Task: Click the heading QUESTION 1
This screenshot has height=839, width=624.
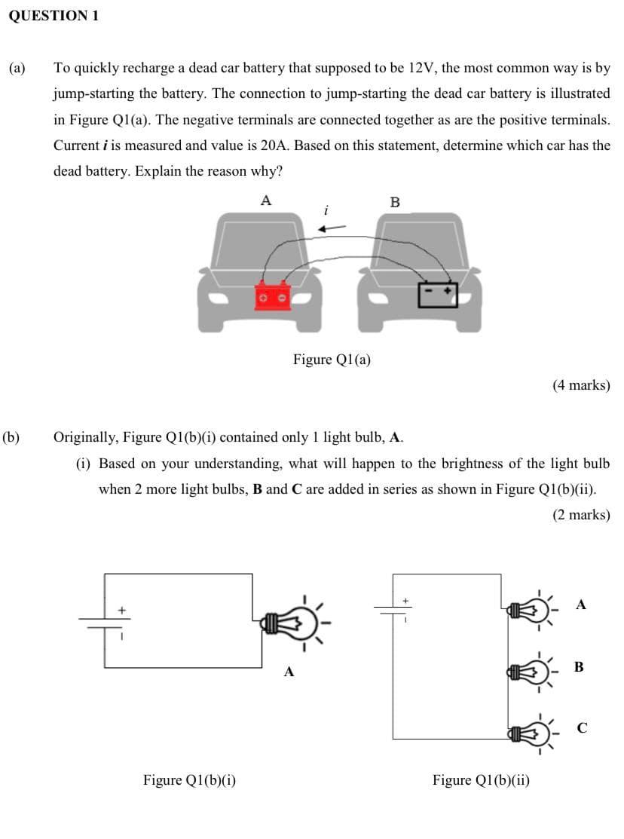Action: click(54, 16)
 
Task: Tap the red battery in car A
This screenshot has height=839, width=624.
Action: click(274, 295)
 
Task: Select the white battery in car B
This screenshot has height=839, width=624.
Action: click(439, 294)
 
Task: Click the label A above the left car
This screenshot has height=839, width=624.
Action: click(265, 200)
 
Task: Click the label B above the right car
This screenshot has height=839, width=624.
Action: click(396, 201)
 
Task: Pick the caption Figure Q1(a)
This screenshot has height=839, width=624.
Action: click(332, 359)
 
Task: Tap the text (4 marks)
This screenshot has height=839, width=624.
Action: click(580, 385)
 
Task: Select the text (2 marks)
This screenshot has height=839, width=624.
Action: click(580, 516)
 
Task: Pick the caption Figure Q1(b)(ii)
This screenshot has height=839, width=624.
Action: click(481, 780)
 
